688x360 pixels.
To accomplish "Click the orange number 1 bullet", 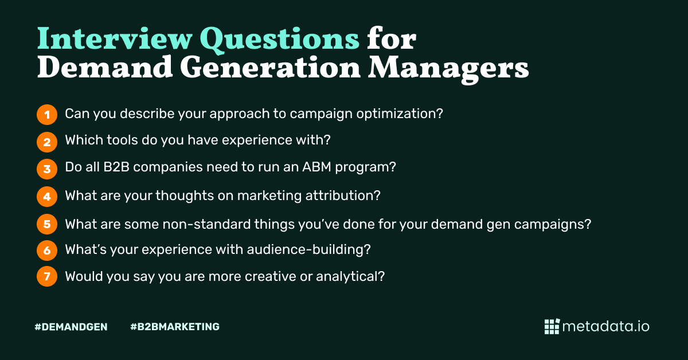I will coord(47,114).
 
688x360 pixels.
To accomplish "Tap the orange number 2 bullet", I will coord(47,141).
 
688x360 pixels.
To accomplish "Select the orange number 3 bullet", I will coord(47,169).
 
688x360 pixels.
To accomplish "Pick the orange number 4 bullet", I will coord(47,196).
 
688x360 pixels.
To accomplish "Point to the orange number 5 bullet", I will coord(47,224).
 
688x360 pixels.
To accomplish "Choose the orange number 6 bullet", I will coord(47,250).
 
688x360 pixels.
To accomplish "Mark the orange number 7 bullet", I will coord(47,277).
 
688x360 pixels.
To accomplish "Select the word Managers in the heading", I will coord(448,69).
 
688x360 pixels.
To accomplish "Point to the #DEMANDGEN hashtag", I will coord(71,327).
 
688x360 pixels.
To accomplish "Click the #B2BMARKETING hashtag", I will coord(175,327).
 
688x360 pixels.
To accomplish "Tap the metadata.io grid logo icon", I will coord(552,326).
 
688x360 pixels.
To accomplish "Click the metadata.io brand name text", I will coord(606,326).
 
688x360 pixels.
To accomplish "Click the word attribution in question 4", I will coord(344,195).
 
